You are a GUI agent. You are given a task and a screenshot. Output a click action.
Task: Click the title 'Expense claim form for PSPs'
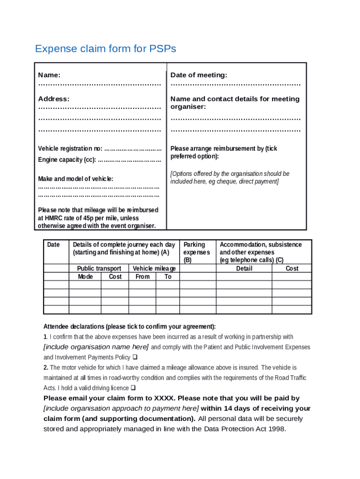click(x=106, y=49)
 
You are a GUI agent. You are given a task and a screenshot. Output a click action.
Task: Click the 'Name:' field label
click(x=49, y=75)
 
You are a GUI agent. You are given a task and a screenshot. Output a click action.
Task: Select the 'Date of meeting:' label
click(x=199, y=75)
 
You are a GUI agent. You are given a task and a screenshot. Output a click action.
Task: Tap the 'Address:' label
click(x=54, y=99)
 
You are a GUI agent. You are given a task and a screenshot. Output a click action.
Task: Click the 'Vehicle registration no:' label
click(x=70, y=149)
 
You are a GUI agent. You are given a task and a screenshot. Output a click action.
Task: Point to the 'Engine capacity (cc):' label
click(x=67, y=160)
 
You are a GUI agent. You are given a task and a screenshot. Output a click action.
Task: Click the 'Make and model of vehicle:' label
click(x=75, y=179)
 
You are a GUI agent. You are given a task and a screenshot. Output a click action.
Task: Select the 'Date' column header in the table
click(x=54, y=245)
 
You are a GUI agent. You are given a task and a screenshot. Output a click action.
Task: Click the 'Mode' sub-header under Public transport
click(x=85, y=276)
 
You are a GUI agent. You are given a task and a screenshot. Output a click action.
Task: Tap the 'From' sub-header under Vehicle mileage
click(x=143, y=276)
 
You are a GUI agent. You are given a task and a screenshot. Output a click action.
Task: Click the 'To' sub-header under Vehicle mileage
click(x=168, y=276)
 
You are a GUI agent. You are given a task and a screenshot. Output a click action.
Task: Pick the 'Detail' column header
click(x=244, y=269)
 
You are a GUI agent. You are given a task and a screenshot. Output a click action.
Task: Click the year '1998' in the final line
click(x=275, y=429)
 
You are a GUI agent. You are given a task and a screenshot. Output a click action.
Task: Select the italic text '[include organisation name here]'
click(x=96, y=347)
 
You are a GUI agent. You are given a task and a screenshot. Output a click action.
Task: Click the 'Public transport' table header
click(x=99, y=269)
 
